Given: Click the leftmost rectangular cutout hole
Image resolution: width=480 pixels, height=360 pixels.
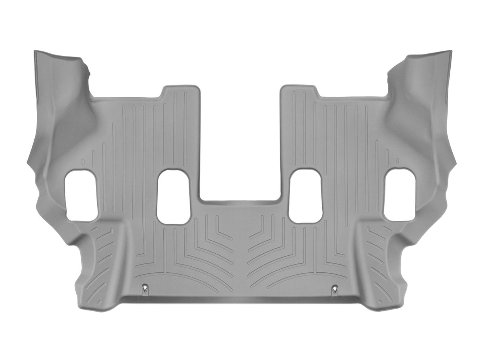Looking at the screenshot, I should (x=81, y=196).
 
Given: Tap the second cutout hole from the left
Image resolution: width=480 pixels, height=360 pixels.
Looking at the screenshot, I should (x=173, y=197).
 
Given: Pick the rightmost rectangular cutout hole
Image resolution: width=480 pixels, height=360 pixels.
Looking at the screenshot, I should (x=399, y=195).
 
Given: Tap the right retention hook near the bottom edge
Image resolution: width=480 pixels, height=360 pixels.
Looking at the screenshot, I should (x=335, y=290).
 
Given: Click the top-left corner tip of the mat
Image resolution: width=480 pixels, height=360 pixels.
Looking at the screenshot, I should (x=36, y=52).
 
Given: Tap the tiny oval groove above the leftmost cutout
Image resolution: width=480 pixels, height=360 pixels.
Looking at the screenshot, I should (x=83, y=162).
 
